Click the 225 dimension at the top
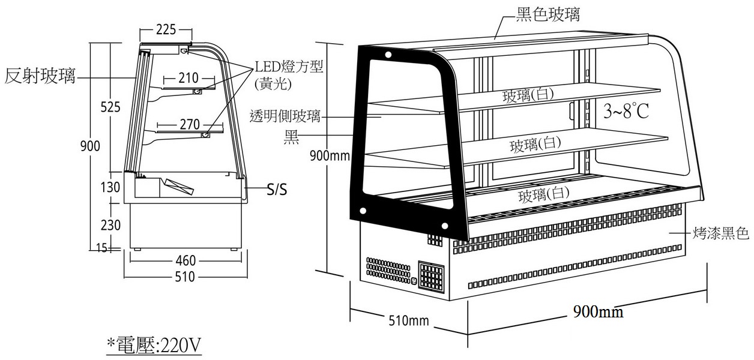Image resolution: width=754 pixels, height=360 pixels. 166,29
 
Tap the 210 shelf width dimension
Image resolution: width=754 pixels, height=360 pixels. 188,78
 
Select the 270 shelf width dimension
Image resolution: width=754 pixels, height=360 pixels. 190,124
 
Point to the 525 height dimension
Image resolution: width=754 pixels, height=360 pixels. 110,107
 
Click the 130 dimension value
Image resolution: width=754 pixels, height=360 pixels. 110,187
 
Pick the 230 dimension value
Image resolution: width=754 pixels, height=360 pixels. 110,225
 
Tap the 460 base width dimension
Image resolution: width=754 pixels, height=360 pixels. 185,260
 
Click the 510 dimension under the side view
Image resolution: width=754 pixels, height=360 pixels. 185,277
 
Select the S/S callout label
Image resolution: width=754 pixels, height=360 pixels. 277,190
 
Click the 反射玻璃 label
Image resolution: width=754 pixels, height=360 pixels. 40,76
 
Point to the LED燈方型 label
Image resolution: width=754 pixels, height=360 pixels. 289,67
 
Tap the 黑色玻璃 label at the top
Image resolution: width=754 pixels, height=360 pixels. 548,14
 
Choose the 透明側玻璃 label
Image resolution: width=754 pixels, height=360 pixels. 285,116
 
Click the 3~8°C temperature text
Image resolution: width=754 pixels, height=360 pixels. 626,110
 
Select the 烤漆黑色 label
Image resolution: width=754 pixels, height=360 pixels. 720,233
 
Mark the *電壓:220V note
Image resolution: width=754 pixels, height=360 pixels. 154,345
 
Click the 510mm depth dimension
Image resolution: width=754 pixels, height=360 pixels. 409,320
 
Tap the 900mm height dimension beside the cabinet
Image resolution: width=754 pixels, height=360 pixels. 330,156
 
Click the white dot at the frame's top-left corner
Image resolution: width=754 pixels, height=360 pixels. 388,55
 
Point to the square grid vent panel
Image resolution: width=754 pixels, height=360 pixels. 432,277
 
